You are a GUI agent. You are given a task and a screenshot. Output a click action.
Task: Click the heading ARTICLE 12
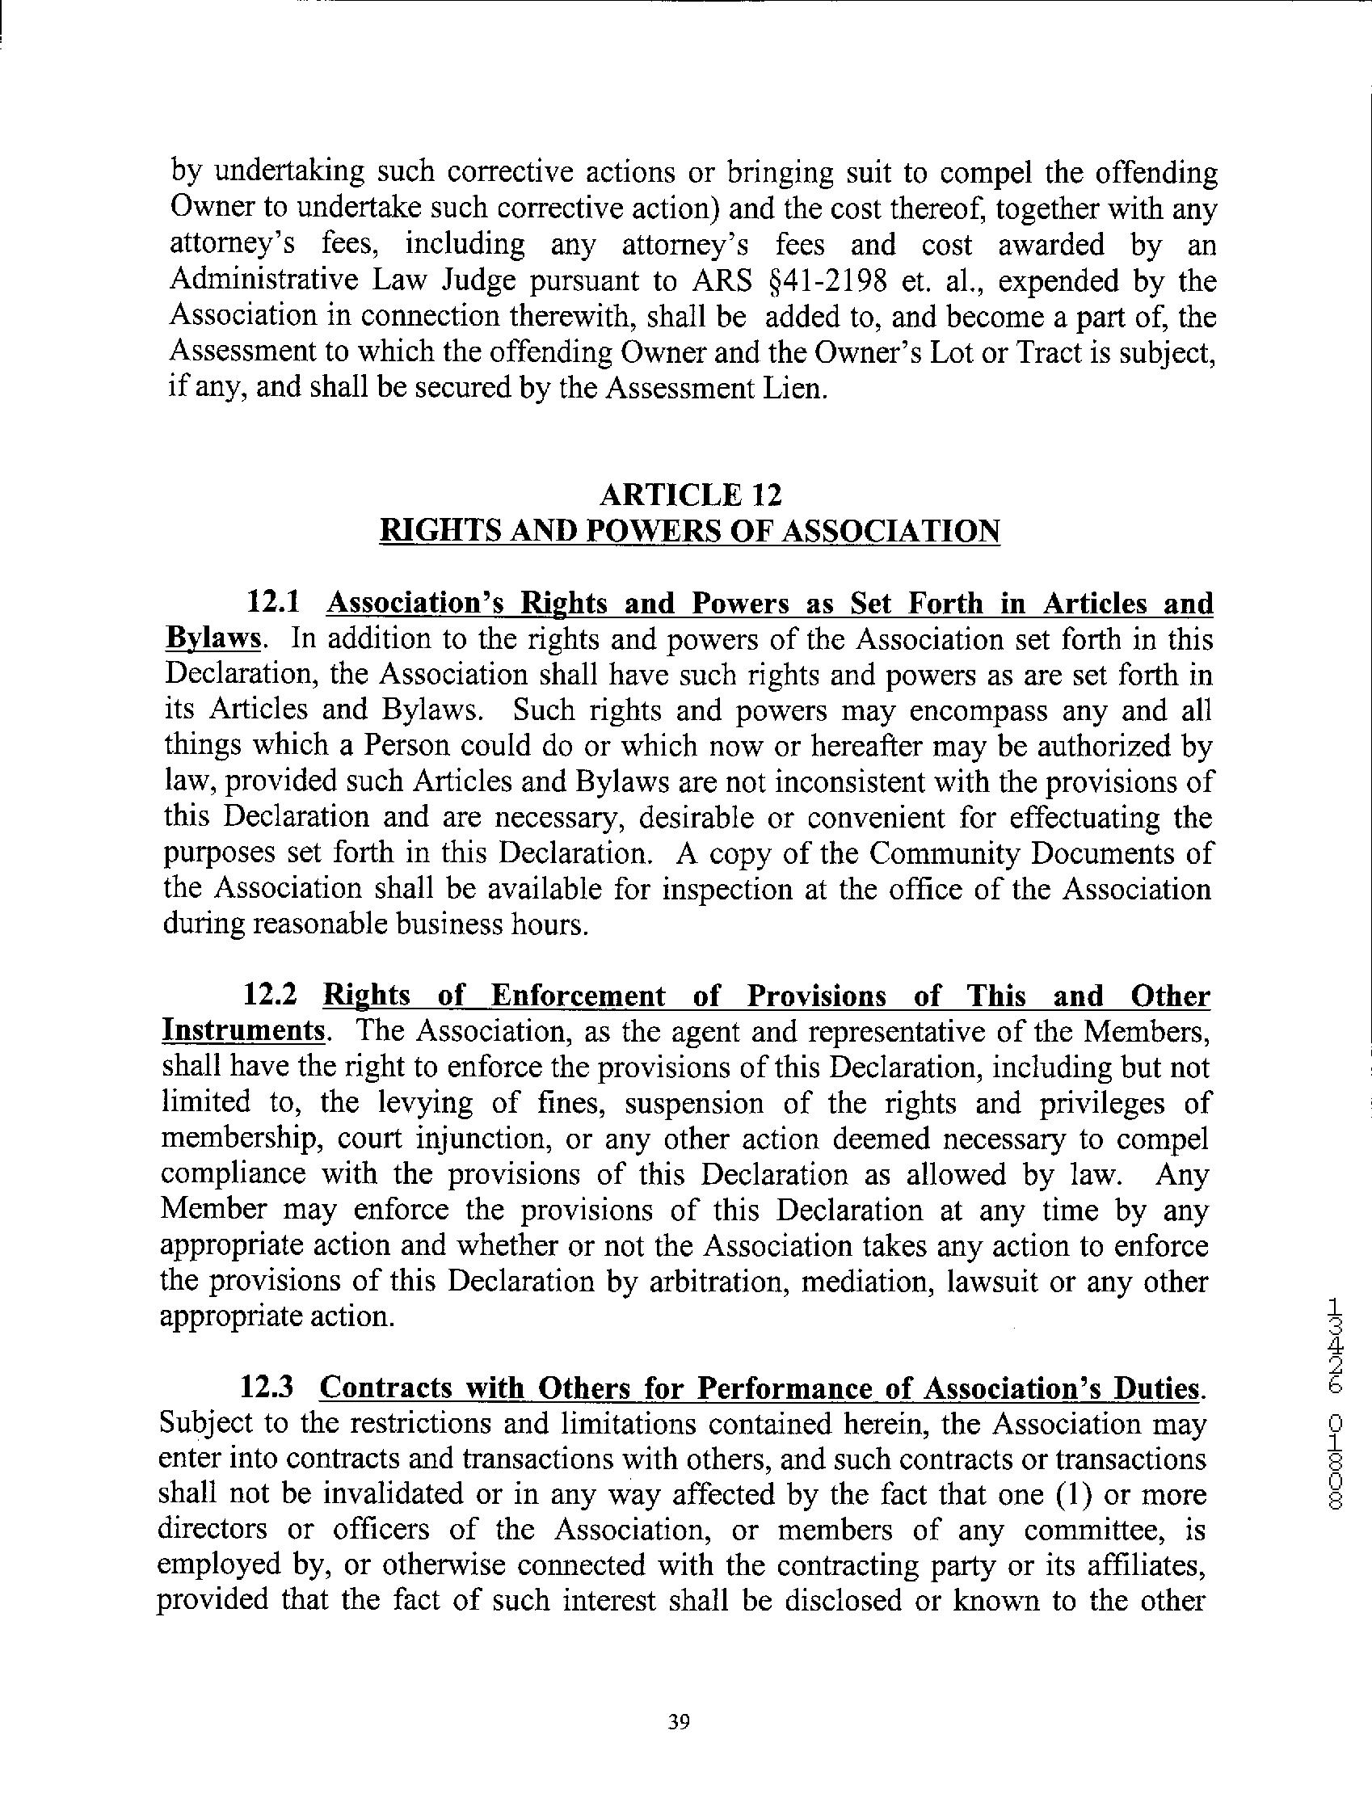click(x=690, y=495)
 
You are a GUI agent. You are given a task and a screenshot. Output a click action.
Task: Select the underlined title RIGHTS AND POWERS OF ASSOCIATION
click(x=690, y=531)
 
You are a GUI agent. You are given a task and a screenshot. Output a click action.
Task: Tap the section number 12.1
click(x=271, y=603)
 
